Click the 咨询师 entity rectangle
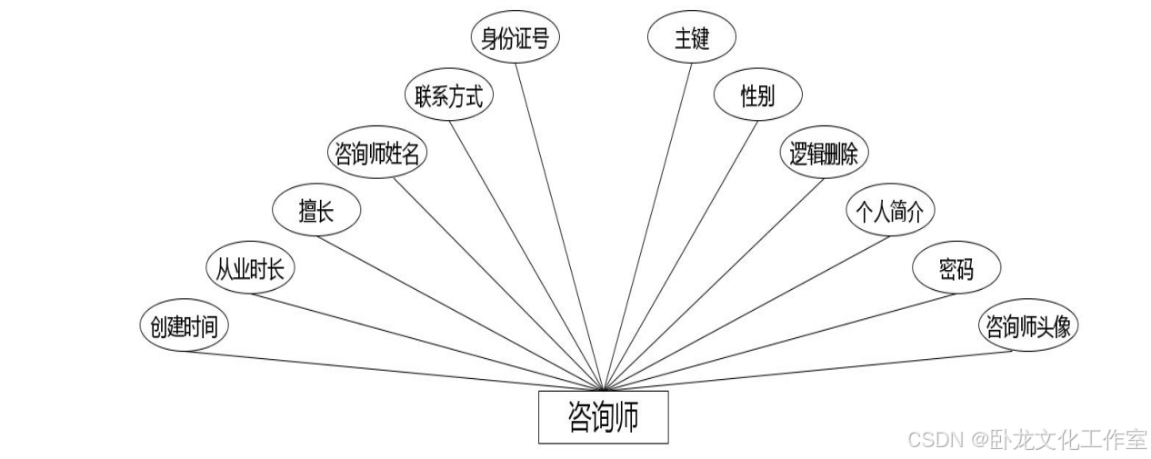[x=603, y=417]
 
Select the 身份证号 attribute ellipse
[x=515, y=38]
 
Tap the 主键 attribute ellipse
[x=691, y=38]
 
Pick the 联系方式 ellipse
[x=448, y=96]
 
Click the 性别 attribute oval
[x=757, y=96]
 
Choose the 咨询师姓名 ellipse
[x=377, y=154]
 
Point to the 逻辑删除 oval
[x=825, y=154]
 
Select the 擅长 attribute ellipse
[x=316, y=212]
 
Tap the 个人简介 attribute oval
[x=890, y=212]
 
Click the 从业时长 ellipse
[x=250, y=269]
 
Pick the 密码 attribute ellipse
[x=956, y=269]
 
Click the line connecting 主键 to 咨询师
[x=647, y=226]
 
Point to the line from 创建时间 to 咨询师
[x=391, y=370]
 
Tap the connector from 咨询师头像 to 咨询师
[x=809, y=370]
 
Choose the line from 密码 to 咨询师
[x=773, y=340]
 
